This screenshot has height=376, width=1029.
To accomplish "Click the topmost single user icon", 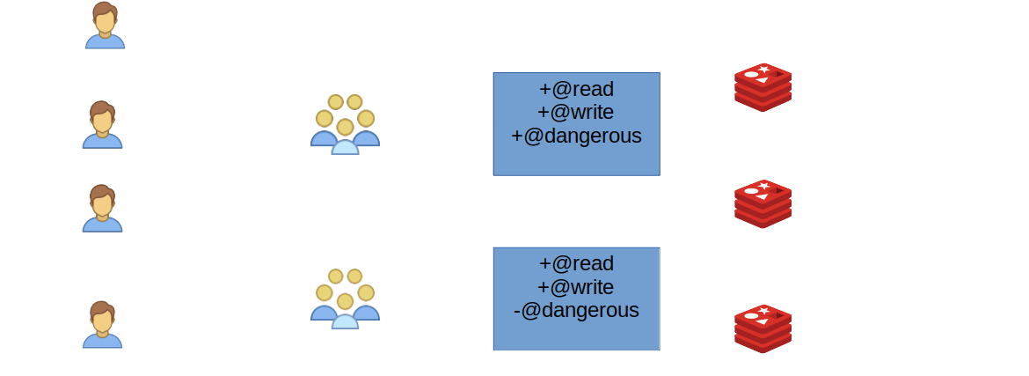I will pyautogui.click(x=105, y=26).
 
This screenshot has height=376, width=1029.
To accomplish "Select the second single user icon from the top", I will pyautogui.click(x=102, y=125).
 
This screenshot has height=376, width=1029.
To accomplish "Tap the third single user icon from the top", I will pyautogui.click(x=102, y=209).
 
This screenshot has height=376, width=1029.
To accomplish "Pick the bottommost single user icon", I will pyautogui.click(x=102, y=325).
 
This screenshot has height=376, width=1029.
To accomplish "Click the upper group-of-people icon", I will pyautogui.click(x=345, y=124).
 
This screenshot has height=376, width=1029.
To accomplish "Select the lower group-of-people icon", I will pyautogui.click(x=345, y=299).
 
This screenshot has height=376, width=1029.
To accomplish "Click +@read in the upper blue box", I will pyautogui.click(x=576, y=89).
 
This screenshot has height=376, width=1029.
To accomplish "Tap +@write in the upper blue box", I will pyautogui.click(x=576, y=112).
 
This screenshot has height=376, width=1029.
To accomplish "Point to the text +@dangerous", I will pyautogui.click(x=576, y=136).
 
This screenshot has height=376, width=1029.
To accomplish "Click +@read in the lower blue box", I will pyautogui.click(x=576, y=263).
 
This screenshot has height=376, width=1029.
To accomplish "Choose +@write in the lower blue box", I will pyautogui.click(x=576, y=287).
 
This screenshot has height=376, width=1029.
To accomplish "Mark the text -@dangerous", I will pyautogui.click(x=576, y=310).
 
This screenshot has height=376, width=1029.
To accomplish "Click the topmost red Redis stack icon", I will pyautogui.click(x=763, y=87).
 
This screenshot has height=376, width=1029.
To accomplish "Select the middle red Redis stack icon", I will pyautogui.click(x=763, y=203).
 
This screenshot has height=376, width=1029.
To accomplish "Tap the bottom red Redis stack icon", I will pyautogui.click(x=763, y=328).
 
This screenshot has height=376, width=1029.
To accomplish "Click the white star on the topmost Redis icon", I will pyautogui.click(x=764, y=70).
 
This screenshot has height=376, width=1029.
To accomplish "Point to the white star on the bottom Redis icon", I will pyautogui.click(x=764, y=311).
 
